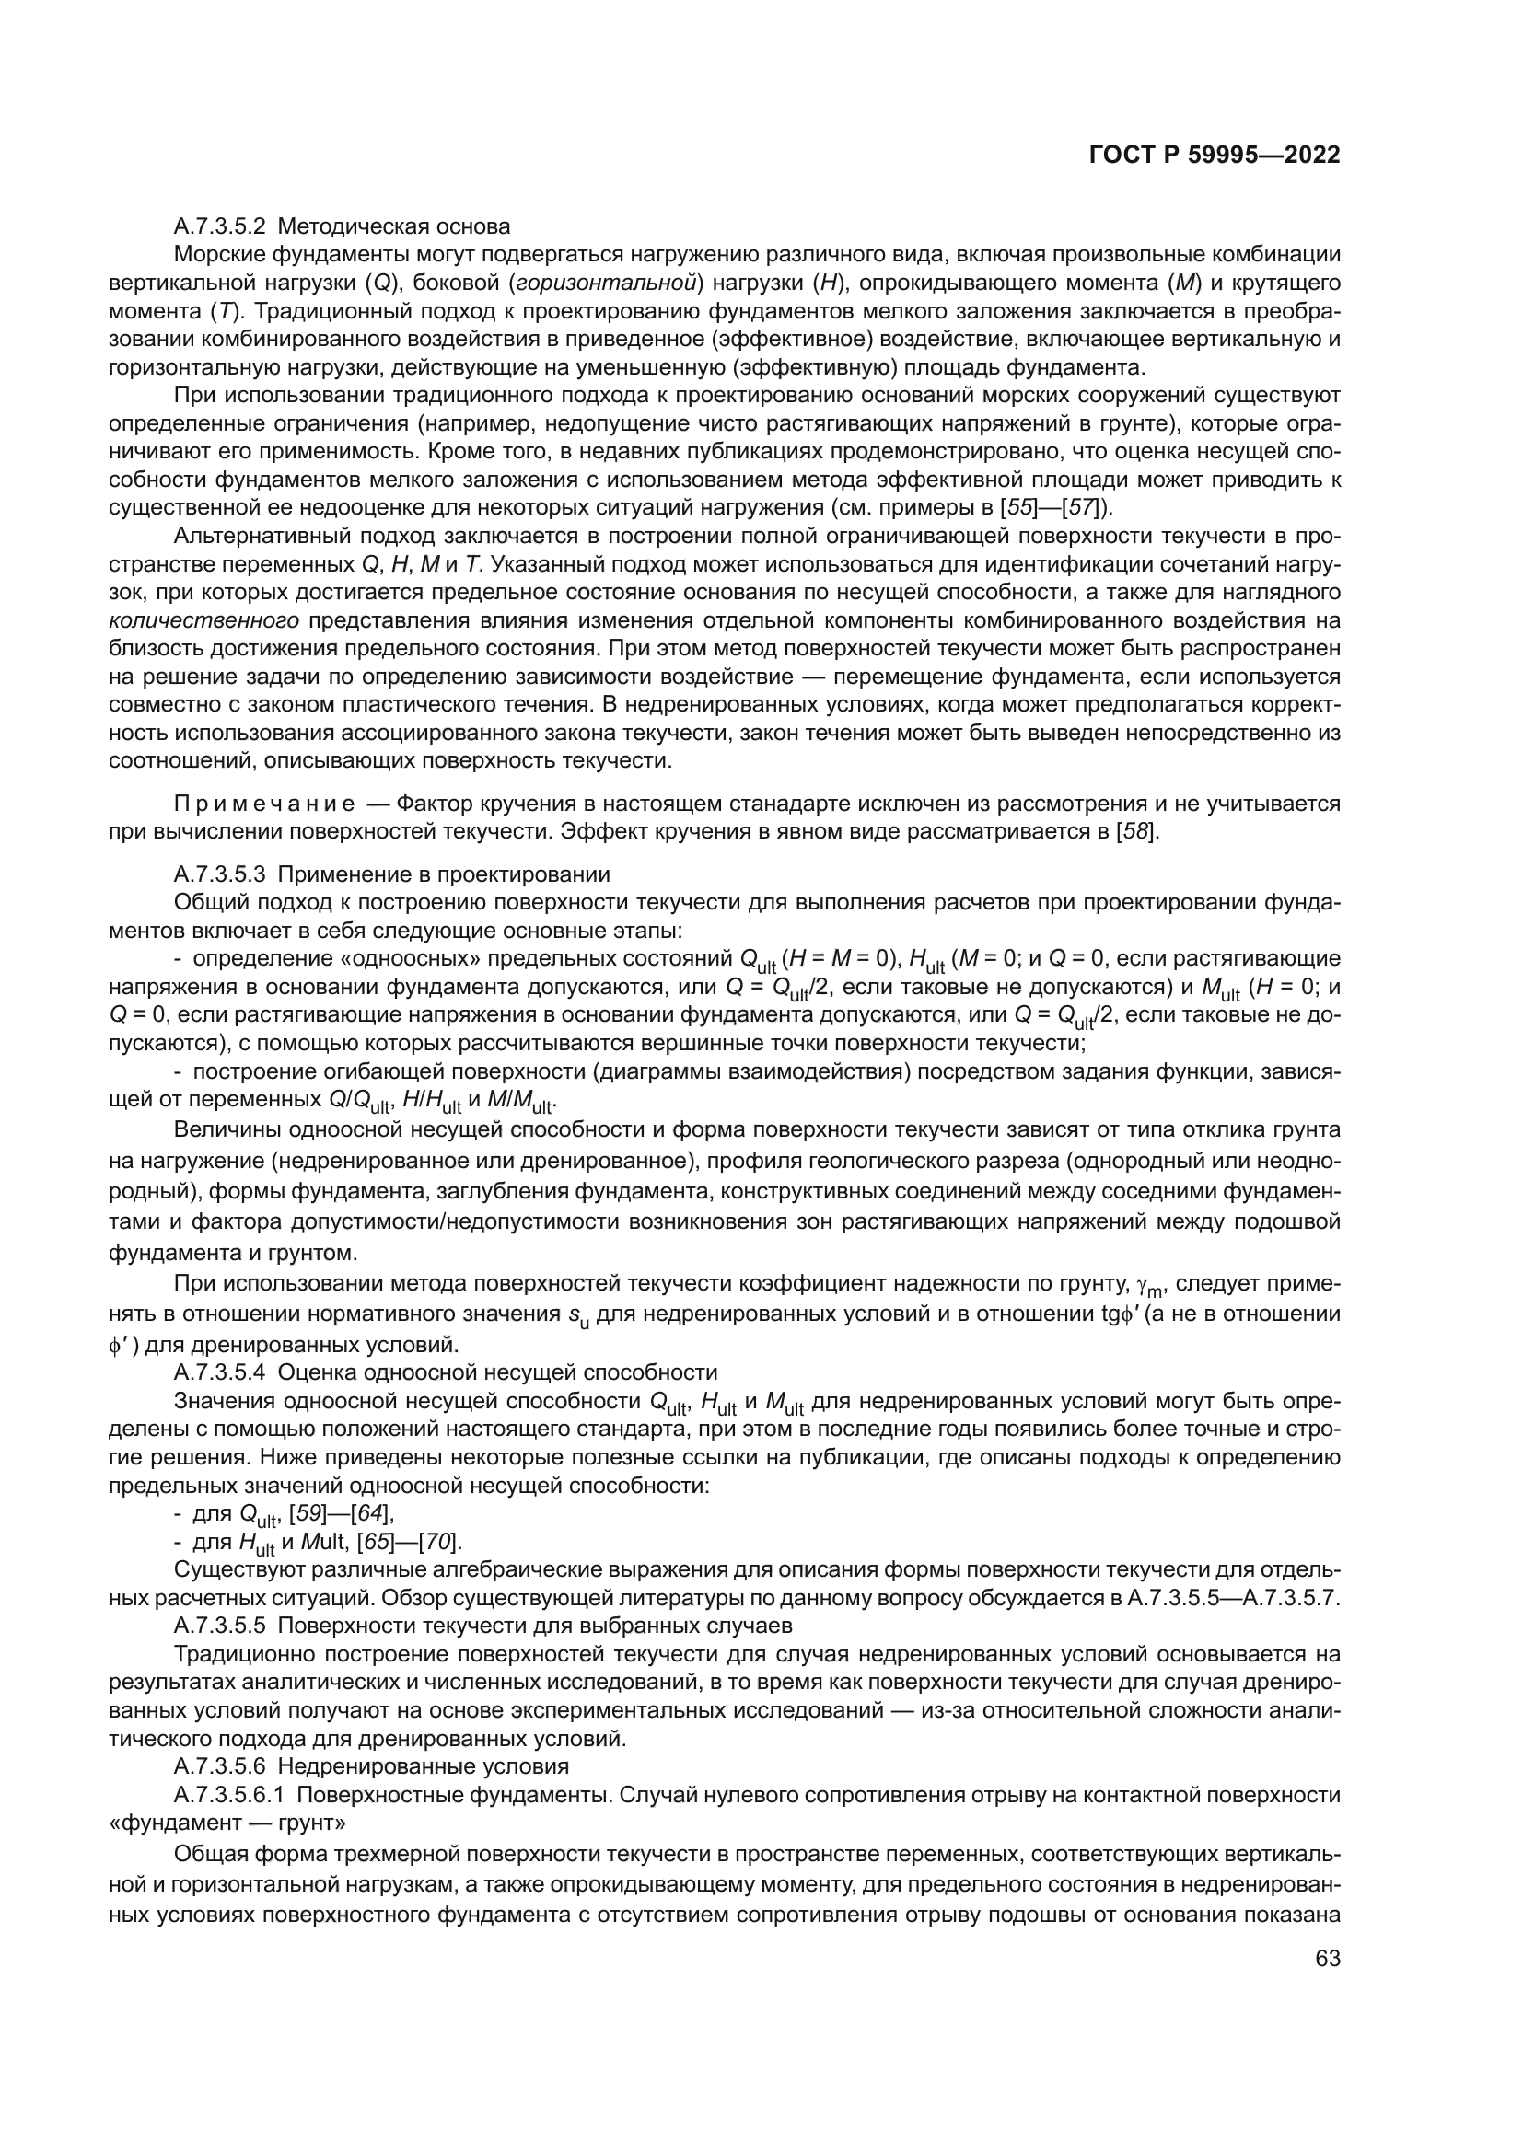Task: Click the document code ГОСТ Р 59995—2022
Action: [1215, 156]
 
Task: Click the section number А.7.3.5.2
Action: [220, 226]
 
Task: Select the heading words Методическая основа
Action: [395, 226]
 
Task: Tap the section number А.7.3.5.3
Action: [220, 874]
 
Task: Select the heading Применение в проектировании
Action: [445, 874]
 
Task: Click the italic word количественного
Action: [204, 619]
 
